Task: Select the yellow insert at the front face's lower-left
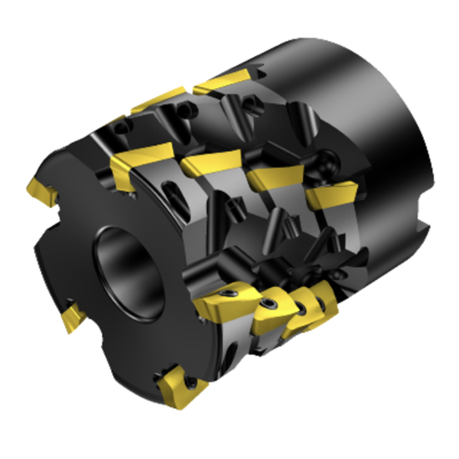click(70, 317)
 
